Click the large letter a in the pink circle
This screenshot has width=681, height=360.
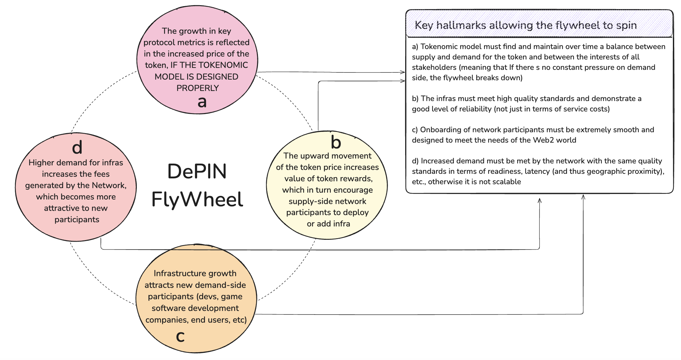pyautogui.click(x=202, y=102)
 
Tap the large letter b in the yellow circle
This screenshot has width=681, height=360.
pyautogui.click(x=336, y=142)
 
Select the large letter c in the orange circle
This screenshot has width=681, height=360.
pyautogui.click(x=180, y=337)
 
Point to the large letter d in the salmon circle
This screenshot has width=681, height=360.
pyautogui.click(x=77, y=147)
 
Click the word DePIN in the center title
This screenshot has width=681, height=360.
pyautogui.click(x=197, y=172)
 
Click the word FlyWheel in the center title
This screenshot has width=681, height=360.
pyautogui.click(x=197, y=199)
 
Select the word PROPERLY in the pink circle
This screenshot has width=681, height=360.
pyautogui.click(x=198, y=88)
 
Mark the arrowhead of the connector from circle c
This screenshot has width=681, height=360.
pyautogui.click(x=583, y=197)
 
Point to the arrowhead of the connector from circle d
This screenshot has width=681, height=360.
pyautogui.click(x=539, y=200)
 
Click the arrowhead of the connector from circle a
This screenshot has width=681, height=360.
pyautogui.click(x=403, y=72)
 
